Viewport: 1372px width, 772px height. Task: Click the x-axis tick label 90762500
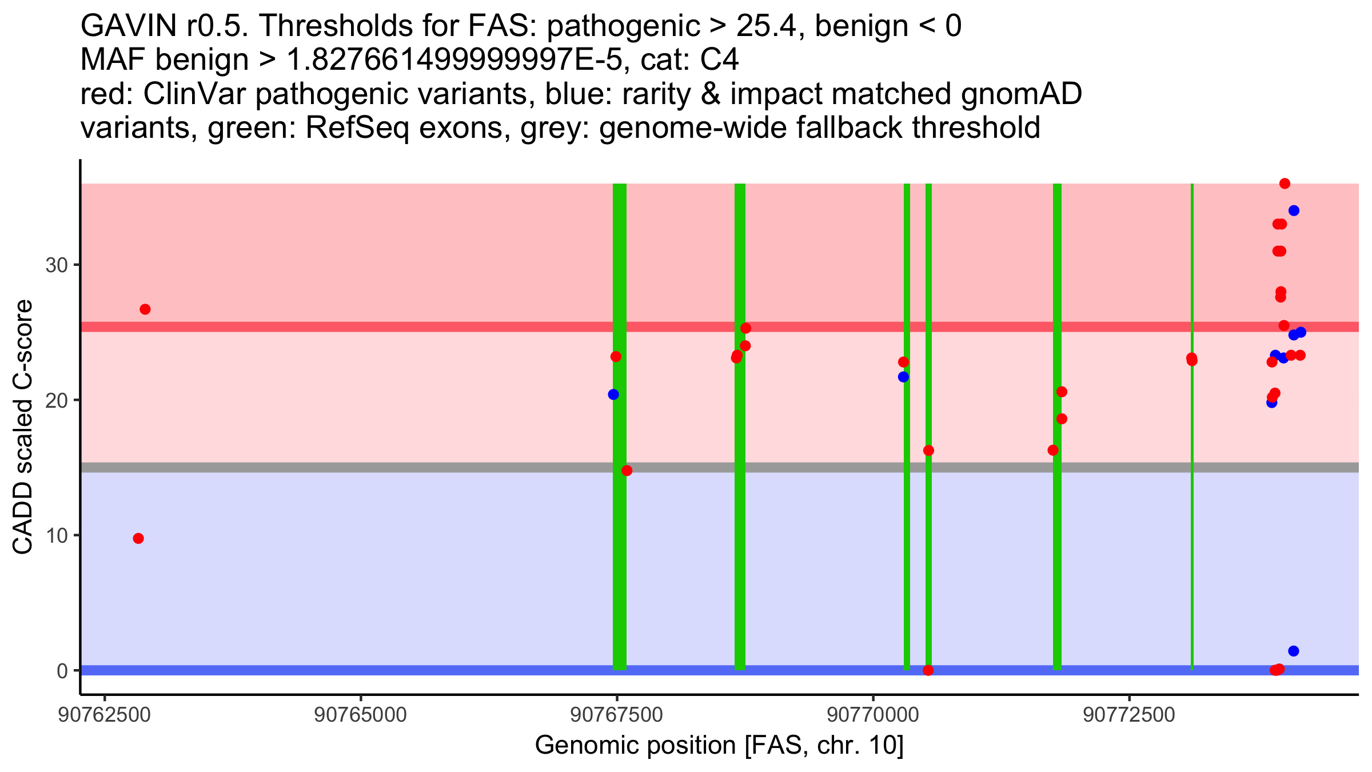(104, 715)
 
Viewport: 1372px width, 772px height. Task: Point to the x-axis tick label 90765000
(361, 715)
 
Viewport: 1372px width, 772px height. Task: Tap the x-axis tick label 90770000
(873, 715)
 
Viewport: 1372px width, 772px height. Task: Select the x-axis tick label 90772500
(1129, 715)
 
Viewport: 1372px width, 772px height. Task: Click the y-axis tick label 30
(56, 265)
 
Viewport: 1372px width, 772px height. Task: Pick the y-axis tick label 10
(56, 536)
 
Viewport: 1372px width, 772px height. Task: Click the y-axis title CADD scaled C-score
(23, 428)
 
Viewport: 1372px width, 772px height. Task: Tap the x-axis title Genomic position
(719, 746)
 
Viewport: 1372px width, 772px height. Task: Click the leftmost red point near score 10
(138, 539)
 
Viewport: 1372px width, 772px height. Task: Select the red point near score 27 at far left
(145, 309)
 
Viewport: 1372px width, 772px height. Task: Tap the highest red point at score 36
(1285, 184)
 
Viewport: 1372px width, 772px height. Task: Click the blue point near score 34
(1294, 211)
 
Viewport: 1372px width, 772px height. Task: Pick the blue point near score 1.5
(1294, 651)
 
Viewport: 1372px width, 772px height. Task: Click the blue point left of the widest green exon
(613, 395)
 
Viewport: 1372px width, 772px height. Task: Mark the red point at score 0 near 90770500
(928, 670)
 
